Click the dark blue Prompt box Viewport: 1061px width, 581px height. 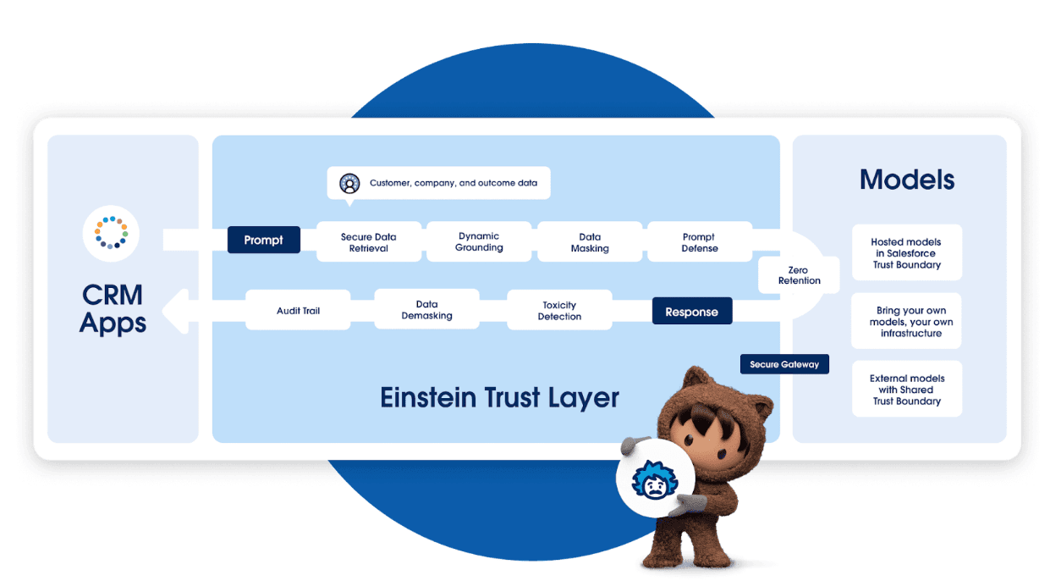[x=263, y=240]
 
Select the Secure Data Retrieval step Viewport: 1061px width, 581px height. [x=368, y=242]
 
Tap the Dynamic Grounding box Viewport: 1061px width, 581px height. [x=479, y=241]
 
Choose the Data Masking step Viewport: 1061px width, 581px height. [x=590, y=242]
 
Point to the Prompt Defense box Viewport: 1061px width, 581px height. [x=699, y=242]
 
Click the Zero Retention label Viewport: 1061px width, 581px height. [x=799, y=275]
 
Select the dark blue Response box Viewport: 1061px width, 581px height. [x=691, y=312]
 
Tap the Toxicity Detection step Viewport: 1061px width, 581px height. [x=559, y=311]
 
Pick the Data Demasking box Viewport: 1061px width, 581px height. [x=426, y=310]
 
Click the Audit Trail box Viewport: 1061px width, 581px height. [x=298, y=311]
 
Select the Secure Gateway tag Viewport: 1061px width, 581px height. [x=784, y=364]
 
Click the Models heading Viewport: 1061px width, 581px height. [x=906, y=180]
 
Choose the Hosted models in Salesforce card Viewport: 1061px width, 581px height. [x=906, y=252]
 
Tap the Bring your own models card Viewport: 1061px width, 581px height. [x=906, y=322]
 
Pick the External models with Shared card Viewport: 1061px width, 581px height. [x=906, y=390]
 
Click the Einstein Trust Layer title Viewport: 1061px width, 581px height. [x=499, y=397]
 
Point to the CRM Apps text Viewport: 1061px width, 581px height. [x=113, y=309]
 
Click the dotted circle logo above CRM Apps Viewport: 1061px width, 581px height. [x=111, y=232]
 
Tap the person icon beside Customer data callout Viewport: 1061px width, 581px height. [x=349, y=183]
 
